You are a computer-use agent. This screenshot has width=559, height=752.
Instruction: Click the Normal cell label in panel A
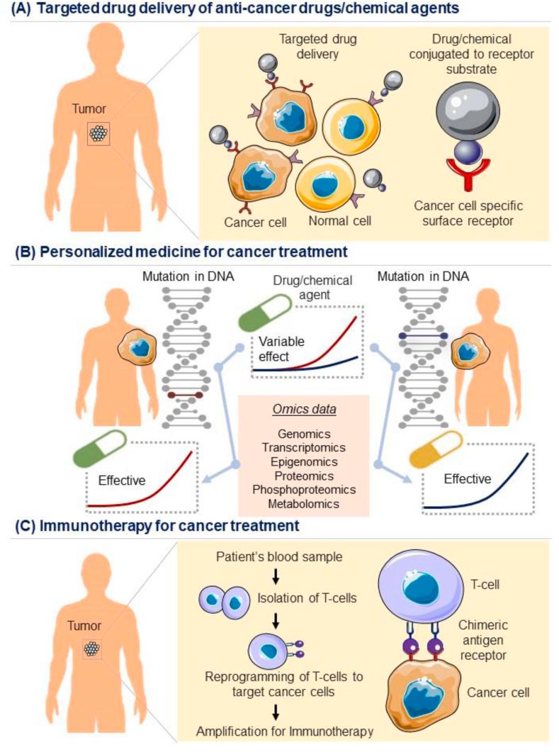(339, 223)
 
